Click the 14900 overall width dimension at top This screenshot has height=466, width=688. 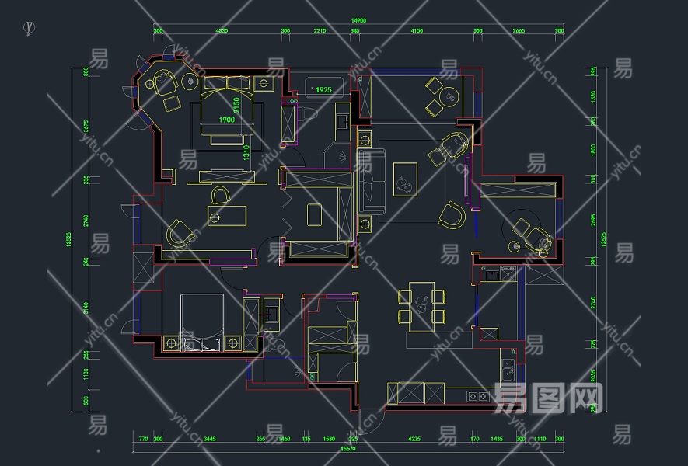click(358, 19)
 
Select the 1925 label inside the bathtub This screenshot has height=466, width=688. click(323, 90)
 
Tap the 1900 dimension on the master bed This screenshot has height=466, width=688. click(226, 120)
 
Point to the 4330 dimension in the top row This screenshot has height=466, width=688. click(222, 31)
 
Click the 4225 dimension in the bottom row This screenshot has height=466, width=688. click(414, 439)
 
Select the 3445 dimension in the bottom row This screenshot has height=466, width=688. click(208, 439)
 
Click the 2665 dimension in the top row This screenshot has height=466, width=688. click(519, 31)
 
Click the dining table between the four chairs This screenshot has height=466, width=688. click(421, 306)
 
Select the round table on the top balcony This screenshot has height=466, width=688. click(449, 97)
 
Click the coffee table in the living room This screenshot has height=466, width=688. click(405, 179)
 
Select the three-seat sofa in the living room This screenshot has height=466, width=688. click(372, 181)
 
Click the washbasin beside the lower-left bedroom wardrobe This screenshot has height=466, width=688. click(271, 315)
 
